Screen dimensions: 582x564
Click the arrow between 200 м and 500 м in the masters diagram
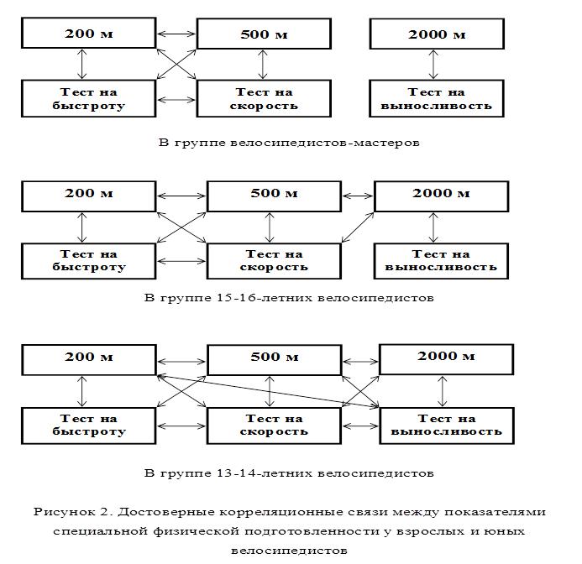[x=176, y=34]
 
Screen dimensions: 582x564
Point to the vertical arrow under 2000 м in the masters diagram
[x=433, y=65]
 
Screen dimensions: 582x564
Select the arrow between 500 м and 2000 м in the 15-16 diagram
[x=358, y=196]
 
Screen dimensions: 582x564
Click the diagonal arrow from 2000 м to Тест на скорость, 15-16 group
[x=358, y=227]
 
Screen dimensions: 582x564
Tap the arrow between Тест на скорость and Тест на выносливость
[x=360, y=426]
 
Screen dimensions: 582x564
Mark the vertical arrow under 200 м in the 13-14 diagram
[x=81, y=391]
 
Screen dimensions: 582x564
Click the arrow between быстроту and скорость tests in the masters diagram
[x=176, y=100]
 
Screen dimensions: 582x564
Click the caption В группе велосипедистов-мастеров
[x=289, y=143]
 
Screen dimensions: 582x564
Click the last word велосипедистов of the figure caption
[x=289, y=551]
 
